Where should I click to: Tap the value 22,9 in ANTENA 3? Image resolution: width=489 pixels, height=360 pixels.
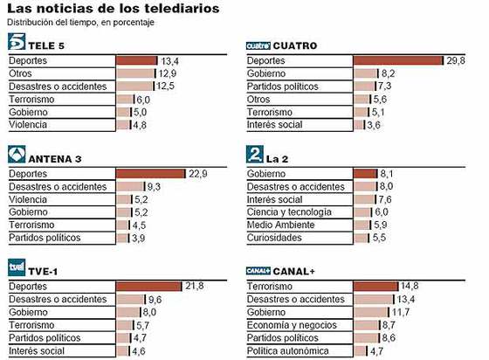(x=198, y=174)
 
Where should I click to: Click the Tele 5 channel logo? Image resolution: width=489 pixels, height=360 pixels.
(x=16, y=42)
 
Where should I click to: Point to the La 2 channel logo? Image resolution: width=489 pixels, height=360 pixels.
(x=255, y=156)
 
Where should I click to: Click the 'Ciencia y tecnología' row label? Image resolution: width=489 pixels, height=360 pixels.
(x=289, y=212)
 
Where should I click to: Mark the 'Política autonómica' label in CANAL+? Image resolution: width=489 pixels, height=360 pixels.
(x=287, y=351)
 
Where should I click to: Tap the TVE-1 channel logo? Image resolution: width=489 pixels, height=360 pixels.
(x=16, y=269)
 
